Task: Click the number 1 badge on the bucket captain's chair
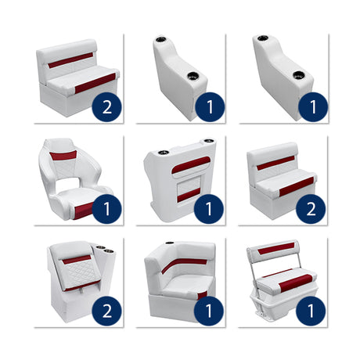pos(107,209)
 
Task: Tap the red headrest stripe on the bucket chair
pos(63,156)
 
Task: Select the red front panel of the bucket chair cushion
pos(84,210)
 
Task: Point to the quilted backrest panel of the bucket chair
pos(64,168)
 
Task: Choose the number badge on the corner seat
pos(209,311)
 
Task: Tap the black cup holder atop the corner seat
pos(169,243)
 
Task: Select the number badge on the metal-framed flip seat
pos(311,311)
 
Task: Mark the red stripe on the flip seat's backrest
pos(276,248)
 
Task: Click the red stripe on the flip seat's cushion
pos(296,283)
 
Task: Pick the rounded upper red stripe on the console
pos(191,165)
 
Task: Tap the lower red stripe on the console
pos(189,196)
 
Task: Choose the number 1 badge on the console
pos(209,209)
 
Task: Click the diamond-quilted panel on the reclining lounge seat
pos(79,272)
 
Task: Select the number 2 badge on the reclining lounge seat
pos(107,311)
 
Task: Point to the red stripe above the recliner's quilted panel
pos(77,260)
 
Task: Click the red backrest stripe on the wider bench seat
pos(70,60)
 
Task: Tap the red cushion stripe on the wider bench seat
pos(95,83)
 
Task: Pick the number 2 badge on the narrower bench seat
pos(311,209)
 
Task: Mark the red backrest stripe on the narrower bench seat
pos(275,163)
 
